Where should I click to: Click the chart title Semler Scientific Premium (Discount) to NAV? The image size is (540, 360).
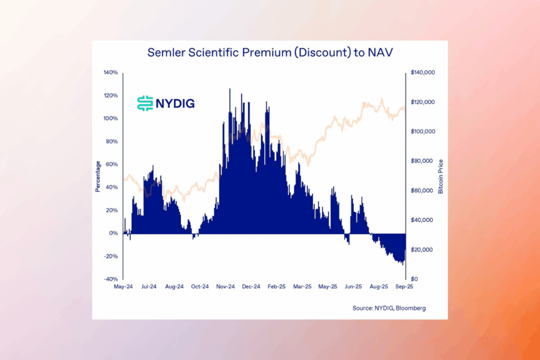pos(269,53)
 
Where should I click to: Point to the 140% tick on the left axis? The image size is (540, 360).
pos(111,72)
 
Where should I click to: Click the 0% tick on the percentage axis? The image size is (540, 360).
pos(113,233)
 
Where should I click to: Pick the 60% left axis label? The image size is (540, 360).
pos(112,164)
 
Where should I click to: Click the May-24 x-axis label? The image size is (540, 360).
pos(123,287)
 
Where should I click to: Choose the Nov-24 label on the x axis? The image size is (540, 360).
pos(225,287)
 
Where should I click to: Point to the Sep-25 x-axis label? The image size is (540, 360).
pos(405,287)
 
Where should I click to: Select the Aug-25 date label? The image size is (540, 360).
pos(379,287)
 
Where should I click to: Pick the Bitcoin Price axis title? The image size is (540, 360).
pos(441,176)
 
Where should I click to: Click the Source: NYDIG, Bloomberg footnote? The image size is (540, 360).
pos(389,308)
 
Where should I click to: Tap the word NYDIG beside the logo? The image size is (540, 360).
pos(175,103)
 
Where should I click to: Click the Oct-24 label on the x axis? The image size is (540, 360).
pos(200,287)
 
